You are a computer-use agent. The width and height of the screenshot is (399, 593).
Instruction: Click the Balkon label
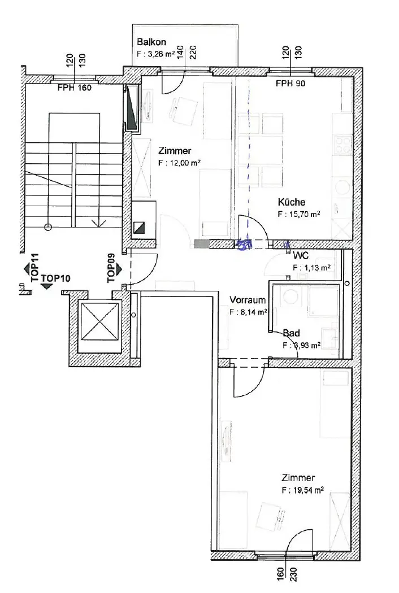tap(151, 42)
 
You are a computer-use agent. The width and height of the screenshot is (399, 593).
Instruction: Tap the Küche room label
tap(292, 202)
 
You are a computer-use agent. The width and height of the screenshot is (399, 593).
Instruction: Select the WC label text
tap(301, 256)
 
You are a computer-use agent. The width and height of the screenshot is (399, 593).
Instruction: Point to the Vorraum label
tap(248, 300)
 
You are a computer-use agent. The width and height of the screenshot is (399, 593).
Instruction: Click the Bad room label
tap(292, 333)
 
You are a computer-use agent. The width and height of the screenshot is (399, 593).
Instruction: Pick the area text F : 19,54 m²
tap(302, 491)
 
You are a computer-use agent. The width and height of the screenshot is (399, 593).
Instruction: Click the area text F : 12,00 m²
tap(179, 163)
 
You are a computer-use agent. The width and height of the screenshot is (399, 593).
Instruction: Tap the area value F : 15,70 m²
tap(299, 214)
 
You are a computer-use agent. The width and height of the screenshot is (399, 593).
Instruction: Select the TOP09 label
tap(111, 268)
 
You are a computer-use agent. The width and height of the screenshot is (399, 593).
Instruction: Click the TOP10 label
tap(55, 278)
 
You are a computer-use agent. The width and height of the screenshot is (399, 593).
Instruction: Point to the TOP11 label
tap(35, 268)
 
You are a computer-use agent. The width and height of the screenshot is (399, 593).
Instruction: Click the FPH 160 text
tap(75, 88)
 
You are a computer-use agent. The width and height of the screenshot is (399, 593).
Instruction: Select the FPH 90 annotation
tap(290, 83)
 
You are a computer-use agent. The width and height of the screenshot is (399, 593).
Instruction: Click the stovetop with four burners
tap(344, 145)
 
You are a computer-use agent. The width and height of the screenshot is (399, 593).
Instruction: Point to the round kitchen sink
tap(342, 187)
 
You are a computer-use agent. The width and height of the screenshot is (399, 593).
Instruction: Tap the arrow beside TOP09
tap(119, 269)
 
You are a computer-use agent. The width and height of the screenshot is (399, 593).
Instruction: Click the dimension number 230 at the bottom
tap(293, 574)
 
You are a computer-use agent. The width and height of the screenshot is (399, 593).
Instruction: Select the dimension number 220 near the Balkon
tap(193, 52)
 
